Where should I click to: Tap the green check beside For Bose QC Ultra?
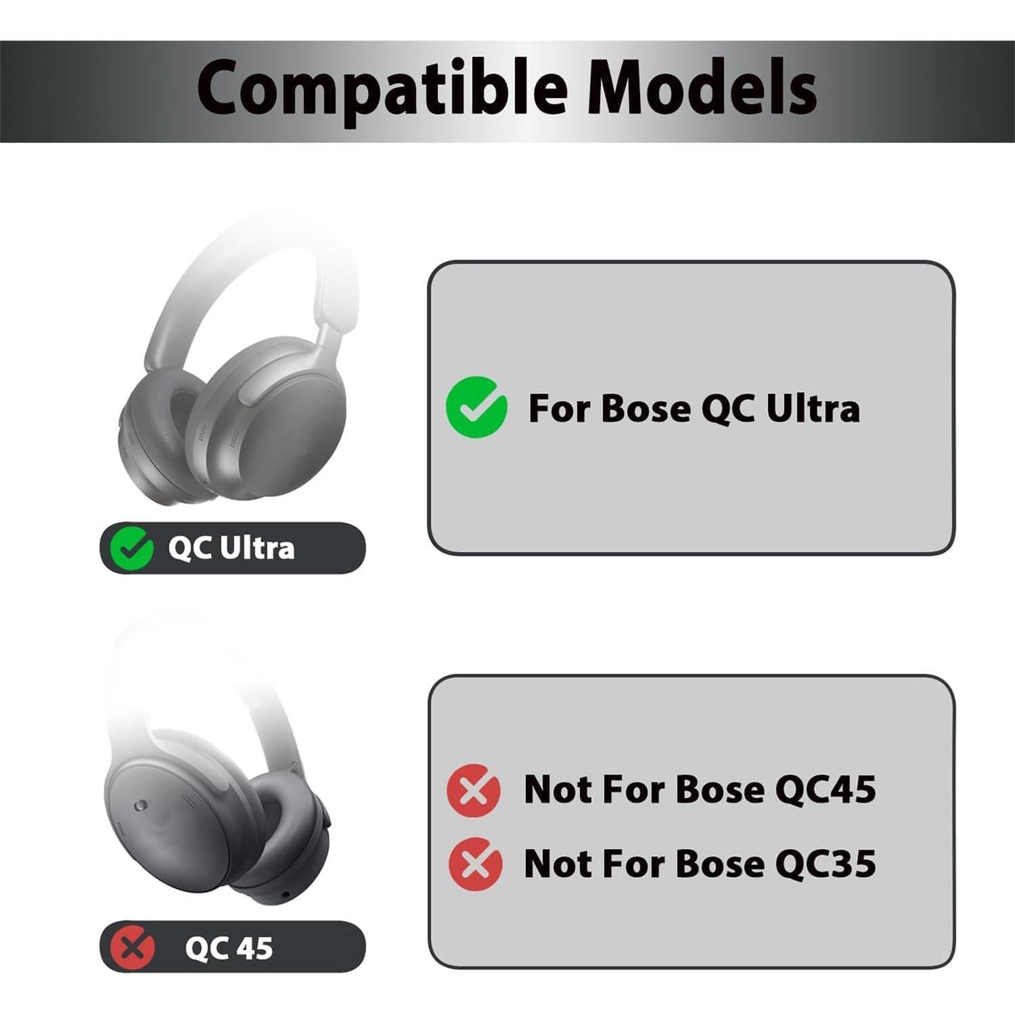(x=476, y=407)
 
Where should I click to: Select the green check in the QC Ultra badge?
(x=131, y=547)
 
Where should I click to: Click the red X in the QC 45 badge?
(x=133, y=947)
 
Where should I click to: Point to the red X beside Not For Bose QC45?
(x=474, y=790)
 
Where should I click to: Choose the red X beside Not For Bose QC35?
(x=476, y=863)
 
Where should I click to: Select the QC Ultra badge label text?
(x=231, y=548)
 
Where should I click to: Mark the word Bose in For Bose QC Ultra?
(x=646, y=408)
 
